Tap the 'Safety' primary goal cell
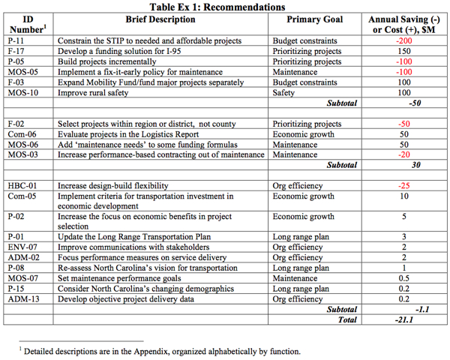pos(285,93)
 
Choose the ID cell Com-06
pos(20,133)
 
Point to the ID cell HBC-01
pos(20,185)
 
